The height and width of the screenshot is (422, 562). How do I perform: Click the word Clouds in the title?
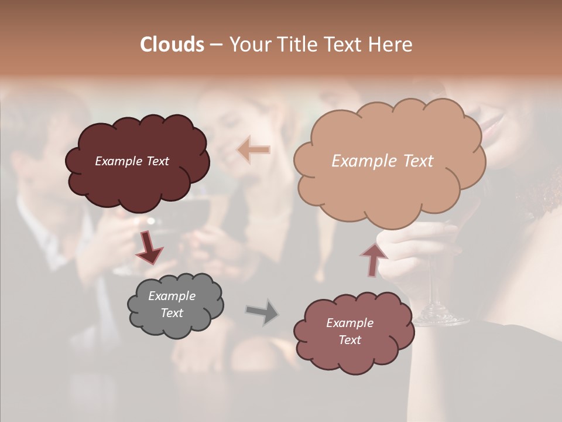(172, 45)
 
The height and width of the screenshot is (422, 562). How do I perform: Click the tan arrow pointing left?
(253, 149)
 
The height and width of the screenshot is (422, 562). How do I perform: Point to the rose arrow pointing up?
(373, 260)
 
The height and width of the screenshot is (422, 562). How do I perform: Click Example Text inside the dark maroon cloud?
(132, 161)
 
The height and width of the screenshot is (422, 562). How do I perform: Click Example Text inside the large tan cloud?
(382, 161)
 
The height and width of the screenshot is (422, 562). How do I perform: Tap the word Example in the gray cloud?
(172, 296)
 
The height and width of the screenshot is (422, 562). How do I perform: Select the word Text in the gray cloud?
(172, 313)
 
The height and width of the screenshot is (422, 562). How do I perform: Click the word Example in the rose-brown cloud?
(349, 323)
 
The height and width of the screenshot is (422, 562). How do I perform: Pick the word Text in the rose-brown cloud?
(349, 340)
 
